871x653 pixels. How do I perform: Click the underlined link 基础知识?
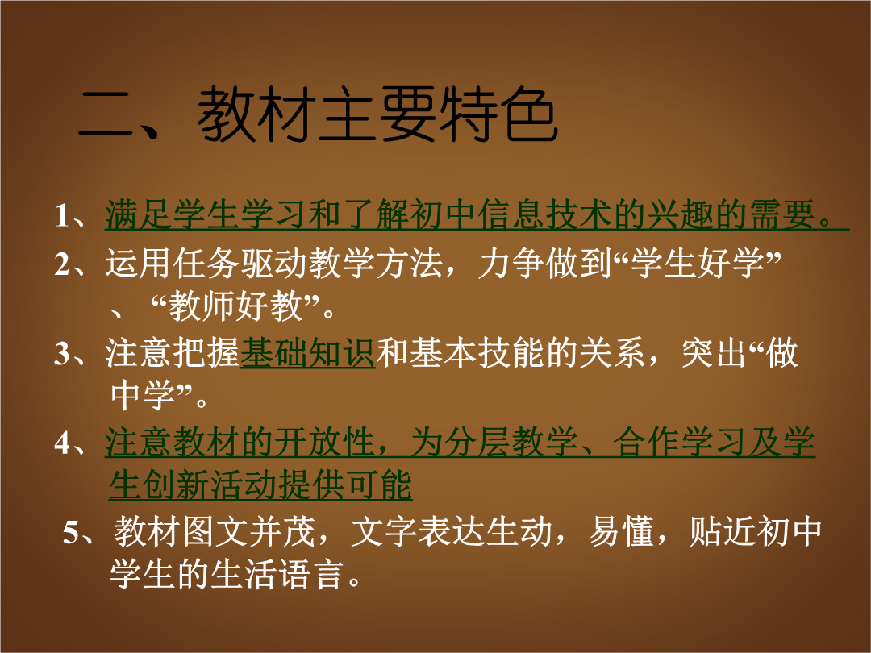tap(308, 352)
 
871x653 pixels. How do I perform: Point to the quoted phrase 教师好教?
tap(235, 306)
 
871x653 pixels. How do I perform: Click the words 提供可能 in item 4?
tap(345, 485)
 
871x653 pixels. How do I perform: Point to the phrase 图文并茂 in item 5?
tap(249, 531)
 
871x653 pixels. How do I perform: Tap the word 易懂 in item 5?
tap(622, 531)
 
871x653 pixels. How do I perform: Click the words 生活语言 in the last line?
tap(276, 574)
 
